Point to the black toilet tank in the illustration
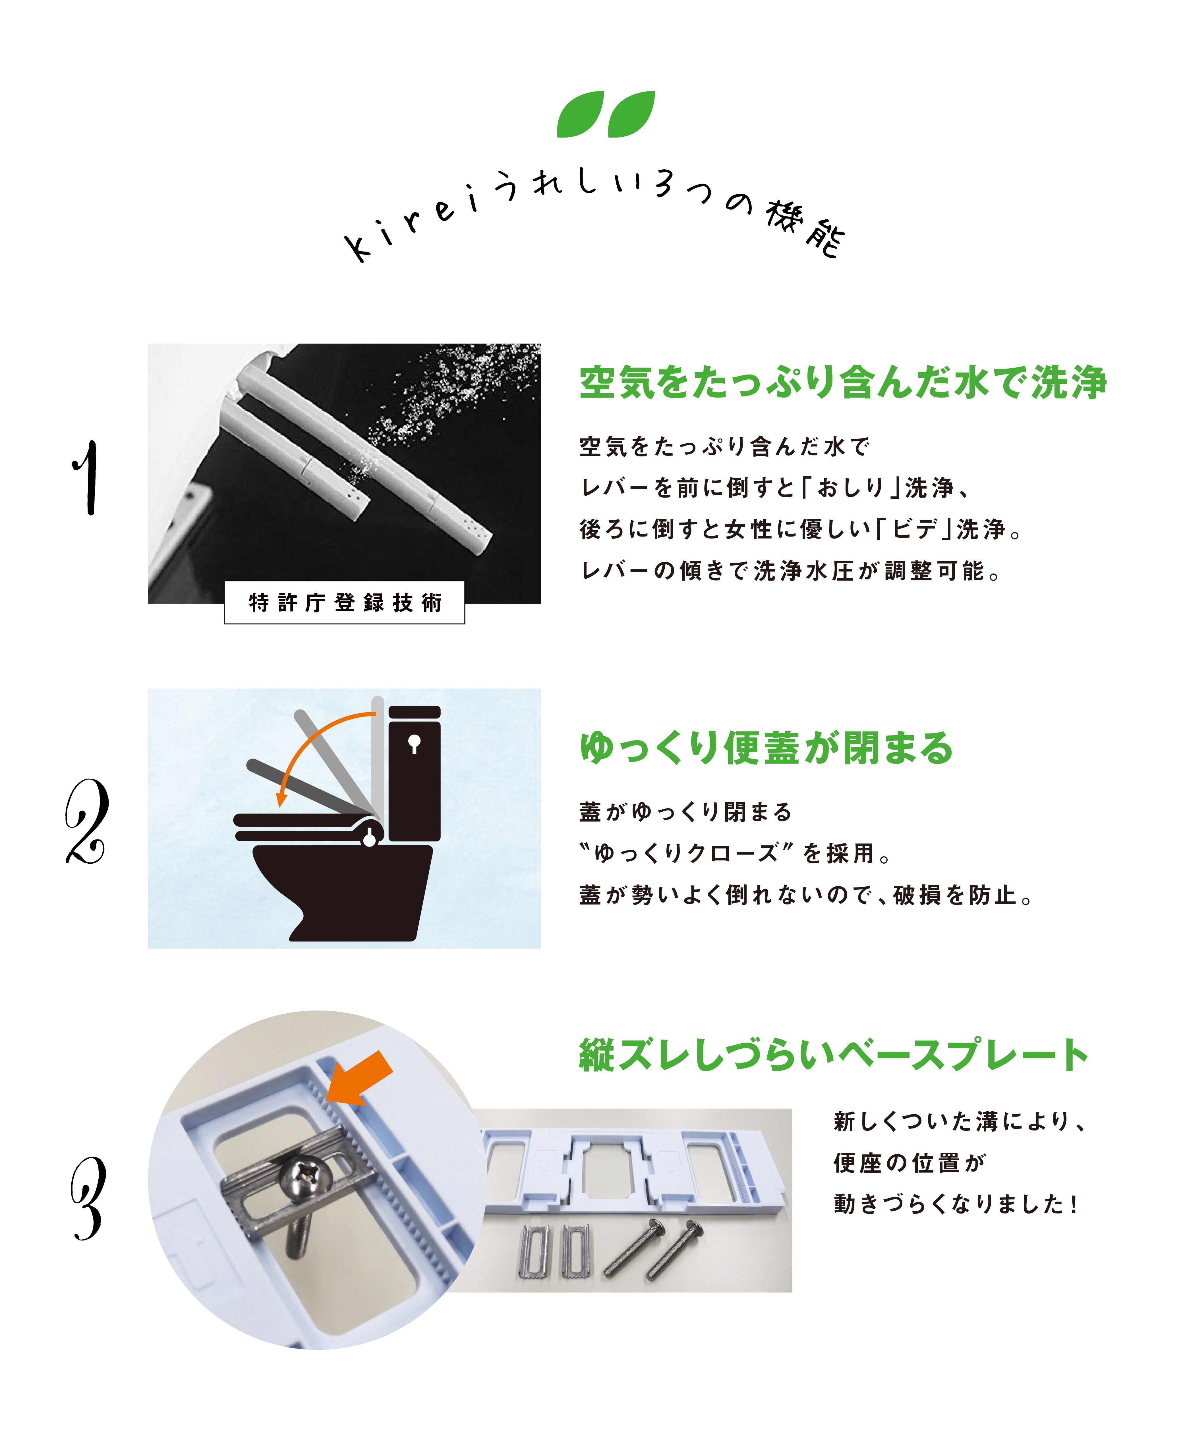click(414, 773)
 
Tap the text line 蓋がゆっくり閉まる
click(685, 812)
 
